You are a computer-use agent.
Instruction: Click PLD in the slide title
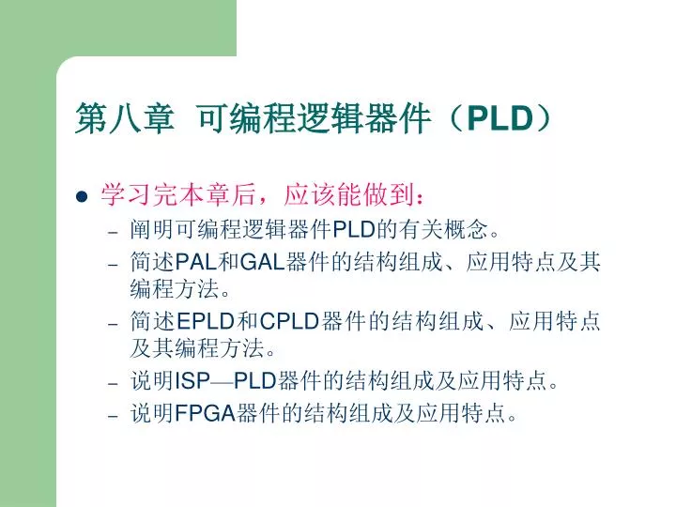click(500, 118)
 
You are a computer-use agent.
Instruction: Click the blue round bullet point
click(81, 197)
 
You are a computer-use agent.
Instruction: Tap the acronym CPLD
click(289, 322)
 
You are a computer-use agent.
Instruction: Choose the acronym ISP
click(194, 383)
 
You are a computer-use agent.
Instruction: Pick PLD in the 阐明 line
click(354, 229)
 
